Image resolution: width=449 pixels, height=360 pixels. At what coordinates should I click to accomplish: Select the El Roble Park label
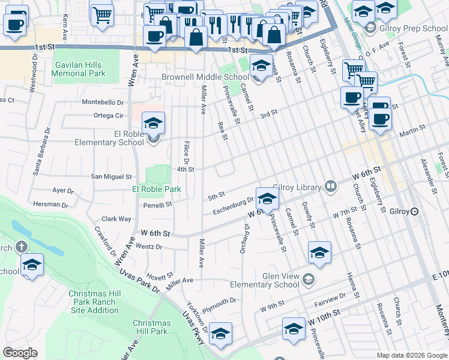click(157, 190)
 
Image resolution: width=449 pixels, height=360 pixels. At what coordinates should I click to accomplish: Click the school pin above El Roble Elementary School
click(154, 124)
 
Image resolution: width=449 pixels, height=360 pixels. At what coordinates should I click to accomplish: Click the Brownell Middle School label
click(205, 77)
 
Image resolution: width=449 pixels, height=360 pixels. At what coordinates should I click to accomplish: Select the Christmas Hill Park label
click(151, 327)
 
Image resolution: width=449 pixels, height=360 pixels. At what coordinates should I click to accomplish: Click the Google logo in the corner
click(20, 353)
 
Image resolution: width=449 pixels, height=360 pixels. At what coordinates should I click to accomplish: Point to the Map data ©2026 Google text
click(411, 355)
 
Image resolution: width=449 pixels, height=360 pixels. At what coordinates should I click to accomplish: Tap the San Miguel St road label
click(111, 177)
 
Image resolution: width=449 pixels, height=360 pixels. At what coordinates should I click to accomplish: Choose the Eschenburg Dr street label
click(234, 206)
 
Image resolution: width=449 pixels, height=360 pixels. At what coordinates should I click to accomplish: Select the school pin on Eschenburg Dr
click(267, 199)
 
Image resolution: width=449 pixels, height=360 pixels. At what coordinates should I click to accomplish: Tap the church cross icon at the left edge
click(21, 247)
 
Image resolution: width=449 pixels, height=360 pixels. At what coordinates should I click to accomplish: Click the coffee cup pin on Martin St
click(379, 119)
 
